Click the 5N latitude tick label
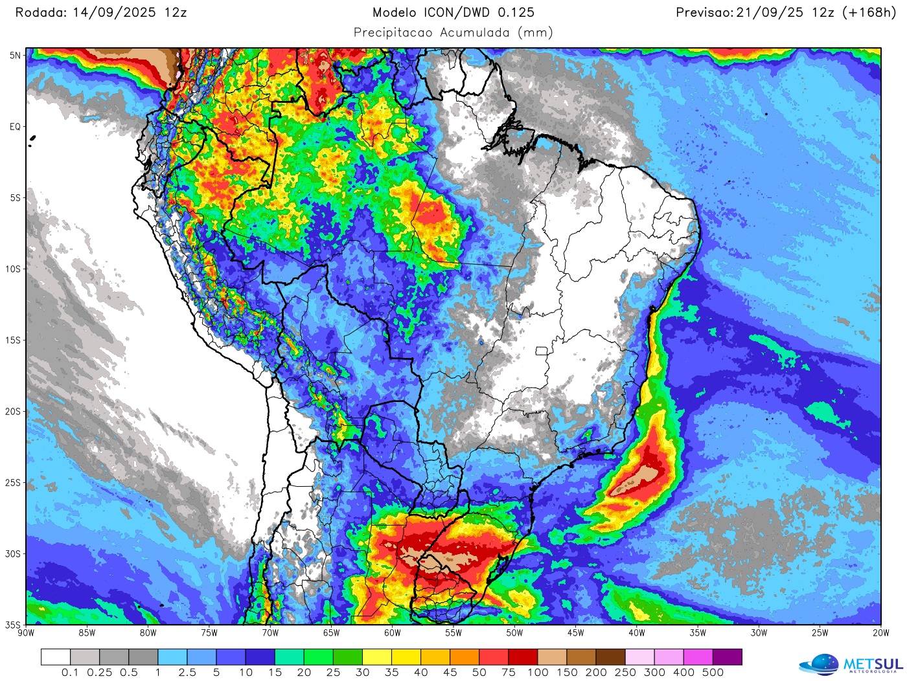[15, 56]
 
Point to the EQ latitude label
[15, 127]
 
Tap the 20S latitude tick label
[14, 412]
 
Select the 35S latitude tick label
[14, 625]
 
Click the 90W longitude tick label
[26, 633]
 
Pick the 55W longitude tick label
[454, 633]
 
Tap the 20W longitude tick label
[880, 633]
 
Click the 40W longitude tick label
[637, 633]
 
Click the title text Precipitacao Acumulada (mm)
[454, 32]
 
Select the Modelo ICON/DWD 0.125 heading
[454, 12]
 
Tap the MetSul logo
[851, 664]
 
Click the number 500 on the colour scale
[713, 673]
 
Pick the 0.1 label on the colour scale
[70, 673]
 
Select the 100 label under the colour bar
[538, 673]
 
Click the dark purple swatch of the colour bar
[728, 657]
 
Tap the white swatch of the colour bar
[56, 657]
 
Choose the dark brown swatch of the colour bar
[610, 657]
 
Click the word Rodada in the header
[38, 12]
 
